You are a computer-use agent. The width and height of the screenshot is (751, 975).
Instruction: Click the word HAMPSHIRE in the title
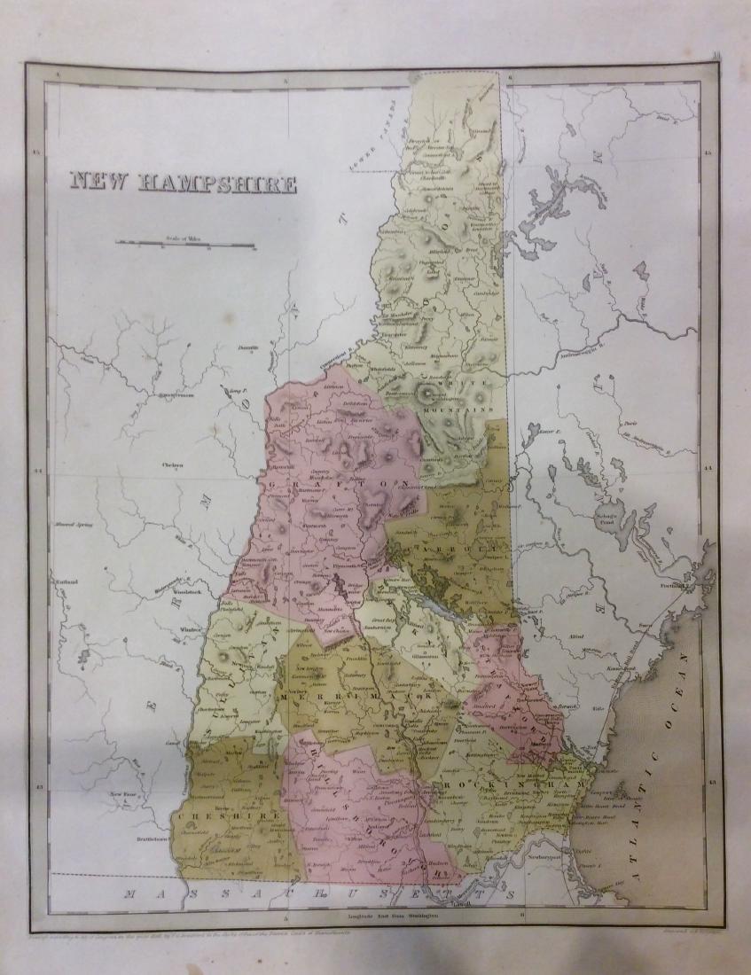tap(217, 183)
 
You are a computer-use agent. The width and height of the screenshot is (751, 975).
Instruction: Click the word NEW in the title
tap(101, 183)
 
